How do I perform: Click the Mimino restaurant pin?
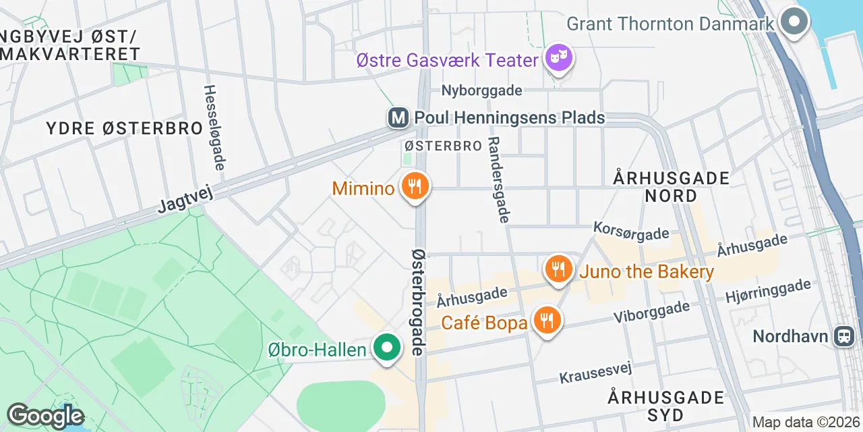coord(415,186)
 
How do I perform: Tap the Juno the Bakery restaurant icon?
coord(558,270)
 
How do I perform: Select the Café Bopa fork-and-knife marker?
coord(547,321)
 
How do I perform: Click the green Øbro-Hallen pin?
coord(387,348)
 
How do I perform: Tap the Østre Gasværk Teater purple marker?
coord(559,59)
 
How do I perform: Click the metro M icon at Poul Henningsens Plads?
coord(399,118)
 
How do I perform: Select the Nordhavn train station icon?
coord(844,335)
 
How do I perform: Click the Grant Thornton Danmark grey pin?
coord(795,22)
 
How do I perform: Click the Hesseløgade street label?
coord(214,127)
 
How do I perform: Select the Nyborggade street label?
coord(481,90)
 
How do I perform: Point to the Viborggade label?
coord(651,312)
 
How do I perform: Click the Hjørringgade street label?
coord(768,291)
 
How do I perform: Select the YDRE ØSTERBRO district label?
coord(125,128)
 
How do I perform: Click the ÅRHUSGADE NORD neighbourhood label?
coord(672,187)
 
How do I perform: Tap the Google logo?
coord(45,416)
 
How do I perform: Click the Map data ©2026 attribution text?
coord(806,423)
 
